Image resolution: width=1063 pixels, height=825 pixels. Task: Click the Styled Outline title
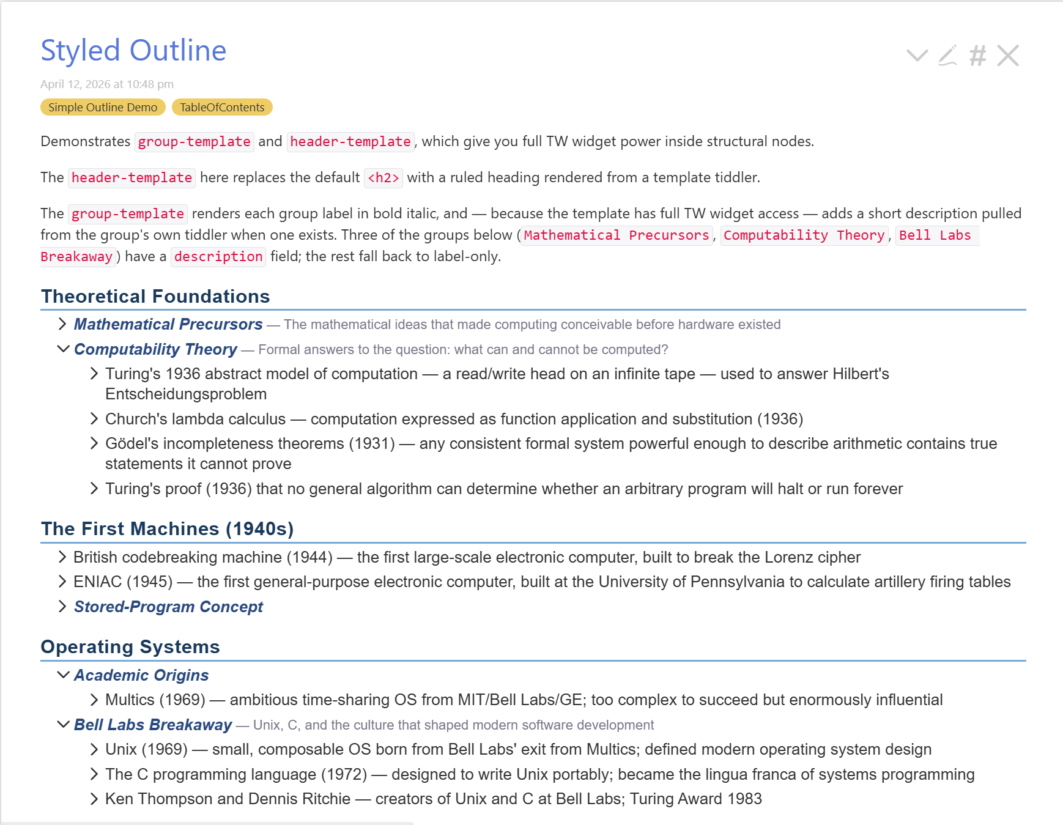[x=133, y=51]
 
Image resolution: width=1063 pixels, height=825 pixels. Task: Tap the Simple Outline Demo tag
[x=103, y=108]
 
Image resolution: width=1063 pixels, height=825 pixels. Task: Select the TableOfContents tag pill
[x=222, y=108]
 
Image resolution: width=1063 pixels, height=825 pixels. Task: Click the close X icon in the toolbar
[x=1007, y=56]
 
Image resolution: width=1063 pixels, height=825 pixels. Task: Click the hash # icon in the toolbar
[x=977, y=56]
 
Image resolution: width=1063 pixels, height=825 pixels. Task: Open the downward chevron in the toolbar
[x=917, y=56]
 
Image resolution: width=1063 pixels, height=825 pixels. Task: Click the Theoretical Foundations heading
[x=155, y=297]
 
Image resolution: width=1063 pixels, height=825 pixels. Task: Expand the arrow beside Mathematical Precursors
[x=62, y=324]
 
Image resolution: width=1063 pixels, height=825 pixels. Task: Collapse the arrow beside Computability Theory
[x=62, y=349]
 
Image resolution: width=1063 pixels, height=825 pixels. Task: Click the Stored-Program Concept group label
[x=168, y=607]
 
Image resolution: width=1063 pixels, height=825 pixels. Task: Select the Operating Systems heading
[x=130, y=647]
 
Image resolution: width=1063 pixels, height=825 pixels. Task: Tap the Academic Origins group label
[x=141, y=675]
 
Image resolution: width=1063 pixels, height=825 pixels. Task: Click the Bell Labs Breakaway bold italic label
[x=153, y=725]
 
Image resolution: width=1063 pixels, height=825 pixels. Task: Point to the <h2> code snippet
[x=383, y=178]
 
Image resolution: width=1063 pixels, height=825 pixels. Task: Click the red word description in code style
[x=218, y=257]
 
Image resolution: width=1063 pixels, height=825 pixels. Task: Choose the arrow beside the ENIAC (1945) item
[x=62, y=581]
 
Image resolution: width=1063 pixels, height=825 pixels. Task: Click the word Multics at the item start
[x=130, y=700]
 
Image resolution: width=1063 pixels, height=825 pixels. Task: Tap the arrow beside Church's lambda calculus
[x=94, y=418]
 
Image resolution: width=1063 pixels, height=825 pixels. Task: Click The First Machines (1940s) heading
[x=167, y=529]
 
